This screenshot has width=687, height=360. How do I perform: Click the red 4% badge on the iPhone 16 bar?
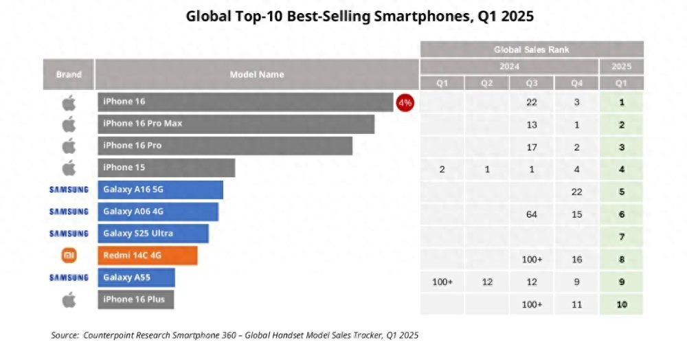pyautogui.click(x=405, y=102)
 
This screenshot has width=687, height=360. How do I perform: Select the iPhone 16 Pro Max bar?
pyautogui.click(x=236, y=124)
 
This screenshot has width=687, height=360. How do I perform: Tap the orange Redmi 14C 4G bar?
pyautogui.click(x=148, y=256)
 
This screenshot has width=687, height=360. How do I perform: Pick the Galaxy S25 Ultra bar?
pyautogui.click(x=153, y=234)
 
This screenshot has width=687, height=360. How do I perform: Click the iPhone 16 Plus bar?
pyautogui.click(x=136, y=300)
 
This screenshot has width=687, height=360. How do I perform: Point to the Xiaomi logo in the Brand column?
pyautogui.click(x=69, y=256)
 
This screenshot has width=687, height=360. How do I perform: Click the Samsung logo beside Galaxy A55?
pyautogui.click(x=69, y=278)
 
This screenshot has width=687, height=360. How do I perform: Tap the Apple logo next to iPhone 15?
pyautogui.click(x=69, y=168)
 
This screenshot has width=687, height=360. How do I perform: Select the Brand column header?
pyautogui.click(x=69, y=74)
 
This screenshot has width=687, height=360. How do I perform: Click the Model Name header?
pyautogui.click(x=256, y=74)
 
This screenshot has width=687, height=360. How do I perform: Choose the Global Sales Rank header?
pyautogui.click(x=531, y=49)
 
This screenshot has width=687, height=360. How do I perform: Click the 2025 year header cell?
pyautogui.click(x=621, y=67)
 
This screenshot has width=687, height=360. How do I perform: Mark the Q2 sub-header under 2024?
pyautogui.click(x=486, y=83)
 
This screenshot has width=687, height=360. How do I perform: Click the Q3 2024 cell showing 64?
pyautogui.click(x=532, y=214)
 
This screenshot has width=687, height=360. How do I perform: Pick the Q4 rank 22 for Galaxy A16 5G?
pyautogui.click(x=576, y=192)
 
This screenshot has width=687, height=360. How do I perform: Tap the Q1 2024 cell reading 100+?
pyautogui.click(x=442, y=282)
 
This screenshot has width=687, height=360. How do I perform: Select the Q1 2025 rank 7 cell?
pyautogui.click(x=621, y=237)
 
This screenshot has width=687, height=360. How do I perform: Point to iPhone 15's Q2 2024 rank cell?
pyautogui.click(x=486, y=170)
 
